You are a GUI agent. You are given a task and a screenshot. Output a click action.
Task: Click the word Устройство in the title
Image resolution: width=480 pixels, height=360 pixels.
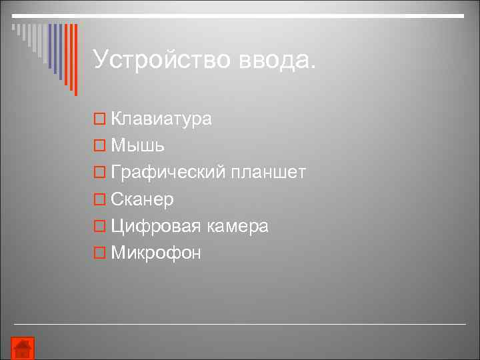click(161, 59)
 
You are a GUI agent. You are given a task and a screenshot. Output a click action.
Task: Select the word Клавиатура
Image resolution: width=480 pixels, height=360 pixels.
click(161, 119)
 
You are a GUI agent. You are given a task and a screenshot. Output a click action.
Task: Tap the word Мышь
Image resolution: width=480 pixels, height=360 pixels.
click(138, 145)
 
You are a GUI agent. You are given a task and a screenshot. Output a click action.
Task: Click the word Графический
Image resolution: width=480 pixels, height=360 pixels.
click(169, 173)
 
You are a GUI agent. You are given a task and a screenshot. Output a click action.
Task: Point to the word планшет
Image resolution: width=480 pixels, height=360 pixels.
click(269, 173)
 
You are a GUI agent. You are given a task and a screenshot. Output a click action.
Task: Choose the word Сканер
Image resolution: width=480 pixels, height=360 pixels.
click(143, 199)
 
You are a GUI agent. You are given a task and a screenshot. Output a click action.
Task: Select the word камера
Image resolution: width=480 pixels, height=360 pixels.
click(237, 226)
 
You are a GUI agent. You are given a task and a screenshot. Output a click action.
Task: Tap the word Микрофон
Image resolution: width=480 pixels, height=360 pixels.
click(156, 253)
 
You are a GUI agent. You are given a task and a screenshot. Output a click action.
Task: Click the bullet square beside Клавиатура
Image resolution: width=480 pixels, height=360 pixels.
click(99, 119)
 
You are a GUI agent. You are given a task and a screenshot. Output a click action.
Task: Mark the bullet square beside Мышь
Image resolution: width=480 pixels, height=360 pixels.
click(99, 146)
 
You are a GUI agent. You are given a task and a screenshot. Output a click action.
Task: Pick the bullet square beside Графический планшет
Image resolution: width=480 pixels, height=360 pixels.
click(99, 173)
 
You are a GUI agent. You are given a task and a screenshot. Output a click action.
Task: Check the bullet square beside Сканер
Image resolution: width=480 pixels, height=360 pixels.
click(99, 200)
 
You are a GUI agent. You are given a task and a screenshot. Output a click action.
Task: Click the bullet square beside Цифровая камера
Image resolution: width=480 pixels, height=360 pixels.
click(99, 227)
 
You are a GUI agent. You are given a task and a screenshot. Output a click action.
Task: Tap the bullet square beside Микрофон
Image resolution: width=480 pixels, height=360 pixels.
click(99, 253)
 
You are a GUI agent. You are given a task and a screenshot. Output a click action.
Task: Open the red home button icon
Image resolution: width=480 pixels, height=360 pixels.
click(23, 348)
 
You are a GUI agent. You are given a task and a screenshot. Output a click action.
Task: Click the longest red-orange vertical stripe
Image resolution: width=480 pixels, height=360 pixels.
click(75, 60)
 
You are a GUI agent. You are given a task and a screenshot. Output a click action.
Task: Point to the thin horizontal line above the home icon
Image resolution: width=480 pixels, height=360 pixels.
click(240, 324)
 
